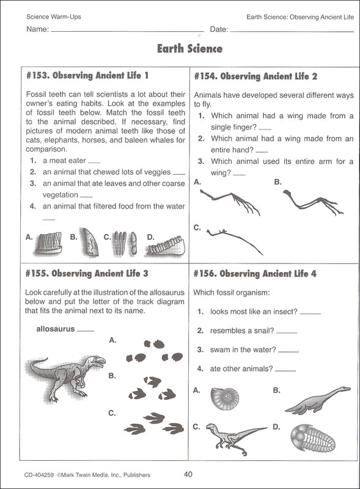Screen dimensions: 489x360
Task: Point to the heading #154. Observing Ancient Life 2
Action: tap(255, 76)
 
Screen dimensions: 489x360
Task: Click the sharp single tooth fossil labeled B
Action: tap(89, 243)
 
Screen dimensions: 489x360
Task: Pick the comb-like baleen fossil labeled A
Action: tap(48, 243)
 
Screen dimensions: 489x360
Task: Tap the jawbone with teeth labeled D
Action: tap(165, 246)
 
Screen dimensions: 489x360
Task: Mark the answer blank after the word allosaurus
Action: tap(86, 330)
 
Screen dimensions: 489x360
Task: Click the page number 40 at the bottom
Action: tap(189, 474)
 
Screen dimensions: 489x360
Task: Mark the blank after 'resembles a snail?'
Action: tap(287, 332)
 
